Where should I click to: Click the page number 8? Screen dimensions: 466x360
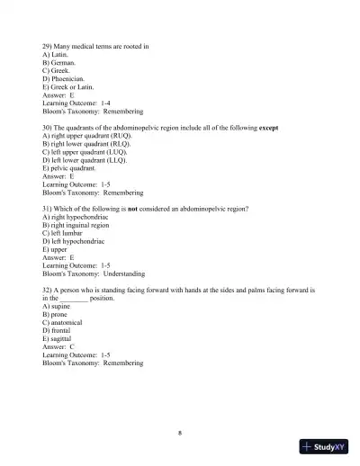coord(180,433)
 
